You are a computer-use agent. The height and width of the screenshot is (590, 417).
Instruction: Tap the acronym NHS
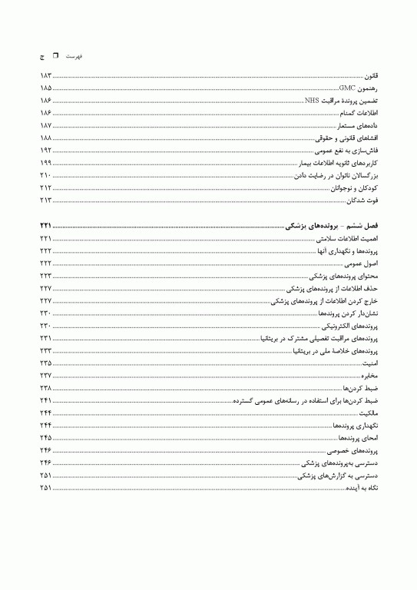click(312, 100)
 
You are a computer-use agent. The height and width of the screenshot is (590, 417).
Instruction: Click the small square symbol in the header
click(55, 56)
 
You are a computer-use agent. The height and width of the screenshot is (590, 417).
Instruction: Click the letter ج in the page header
click(41, 57)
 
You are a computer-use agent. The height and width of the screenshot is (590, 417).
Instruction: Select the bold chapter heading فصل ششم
click(361, 227)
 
